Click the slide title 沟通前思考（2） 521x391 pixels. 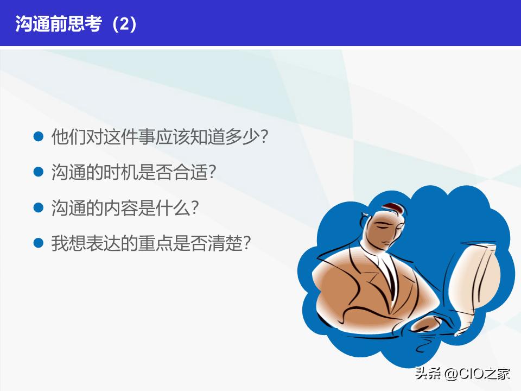pyautogui.click(x=76, y=24)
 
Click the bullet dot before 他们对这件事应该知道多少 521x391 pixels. pyautogui.click(x=38, y=136)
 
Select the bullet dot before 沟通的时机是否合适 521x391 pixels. pyautogui.click(x=38, y=172)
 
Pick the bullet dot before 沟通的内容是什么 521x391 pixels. pyautogui.click(x=38, y=207)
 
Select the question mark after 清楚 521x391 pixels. pyautogui.click(x=245, y=243)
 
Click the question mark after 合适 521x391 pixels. pyautogui.click(x=212, y=173)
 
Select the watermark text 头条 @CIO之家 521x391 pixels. pyautogui.click(x=462, y=374)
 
